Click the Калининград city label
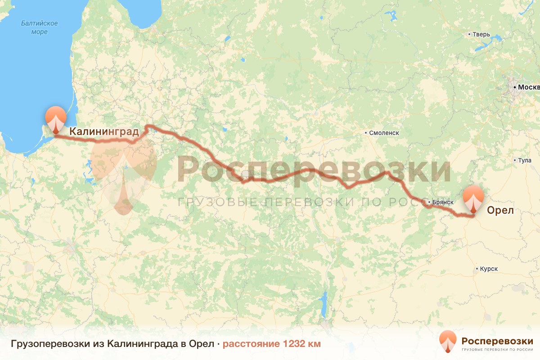pos(103,131)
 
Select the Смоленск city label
pos(384,133)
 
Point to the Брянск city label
pos(441,202)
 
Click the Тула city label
pos(525,160)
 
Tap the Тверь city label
pos(481,34)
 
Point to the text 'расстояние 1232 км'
pos(272,344)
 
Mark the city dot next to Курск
pos(477,269)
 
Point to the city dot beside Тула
pos(515,160)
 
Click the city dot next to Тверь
pos(469,34)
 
